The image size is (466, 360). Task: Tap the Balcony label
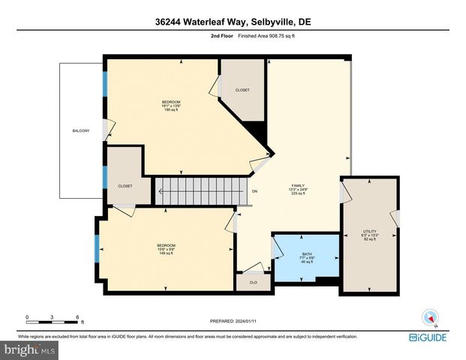pos(81,131)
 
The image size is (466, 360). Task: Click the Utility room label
pos(368,234)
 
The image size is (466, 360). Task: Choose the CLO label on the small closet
pos(253,283)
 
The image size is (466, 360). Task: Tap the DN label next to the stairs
pos(254,191)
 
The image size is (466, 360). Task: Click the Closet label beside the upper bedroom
pos(242,90)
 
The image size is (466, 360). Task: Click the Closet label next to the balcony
pos(125,186)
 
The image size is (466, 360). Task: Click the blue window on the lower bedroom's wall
pos(96,248)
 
